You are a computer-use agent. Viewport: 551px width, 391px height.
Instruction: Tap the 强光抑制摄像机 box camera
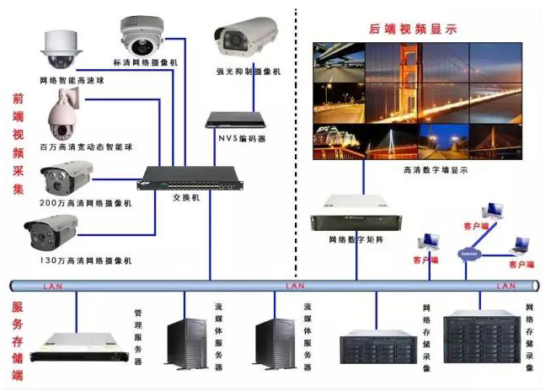click(x=245, y=39)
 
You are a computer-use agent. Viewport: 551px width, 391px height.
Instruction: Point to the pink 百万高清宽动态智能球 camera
click(x=64, y=117)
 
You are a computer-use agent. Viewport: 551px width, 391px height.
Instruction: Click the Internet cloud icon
click(x=468, y=254)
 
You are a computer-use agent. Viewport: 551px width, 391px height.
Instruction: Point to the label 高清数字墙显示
click(x=436, y=169)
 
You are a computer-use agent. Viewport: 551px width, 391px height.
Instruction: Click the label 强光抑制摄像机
click(x=249, y=72)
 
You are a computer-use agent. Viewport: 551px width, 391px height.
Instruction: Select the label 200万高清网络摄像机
click(x=85, y=204)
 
